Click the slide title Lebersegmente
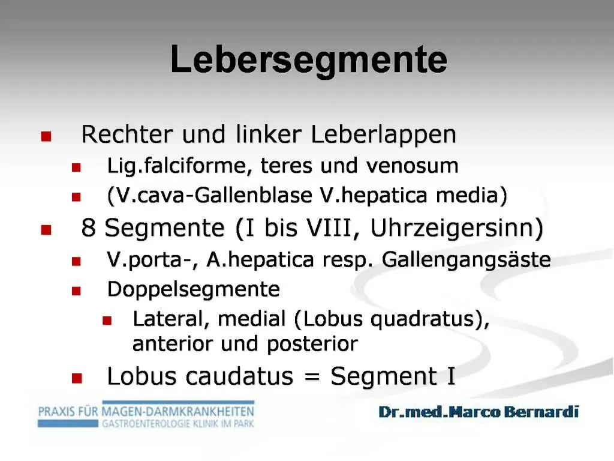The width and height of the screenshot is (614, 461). pyautogui.click(x=309, y=60)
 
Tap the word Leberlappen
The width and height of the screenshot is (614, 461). pyautogui.click(x=384, y=134)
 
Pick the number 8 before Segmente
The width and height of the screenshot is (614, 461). pyautogui.click(x=89, y=228)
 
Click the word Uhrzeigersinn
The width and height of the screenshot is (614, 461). pyautogui.click(x=458, y=228)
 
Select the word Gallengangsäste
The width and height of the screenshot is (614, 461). pyautogui.click(x=466, y=260)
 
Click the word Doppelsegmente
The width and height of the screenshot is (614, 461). pyautogui.click(x=193, y=290)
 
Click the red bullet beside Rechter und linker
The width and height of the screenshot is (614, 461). pyautogui.click(x=46, y=137)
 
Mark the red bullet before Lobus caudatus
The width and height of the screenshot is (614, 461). pyautogui.click(x=76, y=378)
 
